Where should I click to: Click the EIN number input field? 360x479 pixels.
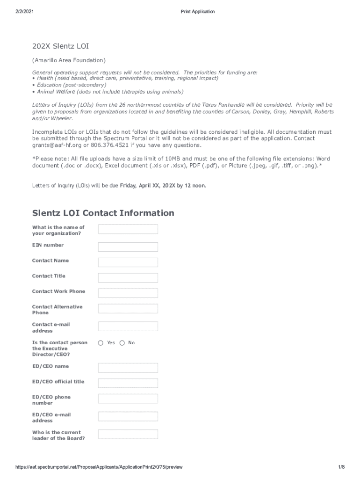[x=128, y=247]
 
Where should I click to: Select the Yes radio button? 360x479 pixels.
[x=101, y=343]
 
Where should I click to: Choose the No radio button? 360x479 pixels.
[x=122, y=343]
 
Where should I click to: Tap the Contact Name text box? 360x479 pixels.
[x=128, y=262]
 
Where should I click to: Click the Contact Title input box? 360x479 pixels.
[x=128, y=277]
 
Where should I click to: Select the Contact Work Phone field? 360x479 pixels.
[x=128, y=293]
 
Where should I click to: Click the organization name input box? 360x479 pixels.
[x=128, y=229]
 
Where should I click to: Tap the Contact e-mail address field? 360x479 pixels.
[x=128, y=326]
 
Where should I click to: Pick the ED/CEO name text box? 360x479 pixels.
[x=128, y=368]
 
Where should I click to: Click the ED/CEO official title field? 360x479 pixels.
[x=128, y=383]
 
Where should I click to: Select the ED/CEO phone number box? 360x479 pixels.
[x=128, y=399]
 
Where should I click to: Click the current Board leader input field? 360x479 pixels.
[x=128, y=434]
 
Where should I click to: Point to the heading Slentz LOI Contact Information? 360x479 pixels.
[x=103, y=213]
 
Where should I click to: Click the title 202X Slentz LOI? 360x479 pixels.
[x=60, y=46]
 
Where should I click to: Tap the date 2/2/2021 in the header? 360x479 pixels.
[x=24, y=11]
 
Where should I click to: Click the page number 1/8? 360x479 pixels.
[x=341, y=467]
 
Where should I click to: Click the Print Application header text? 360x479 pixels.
[x=198, y=11]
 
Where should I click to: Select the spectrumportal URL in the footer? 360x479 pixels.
[x=99, y=467]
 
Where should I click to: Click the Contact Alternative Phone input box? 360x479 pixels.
[x=128, y=308]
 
